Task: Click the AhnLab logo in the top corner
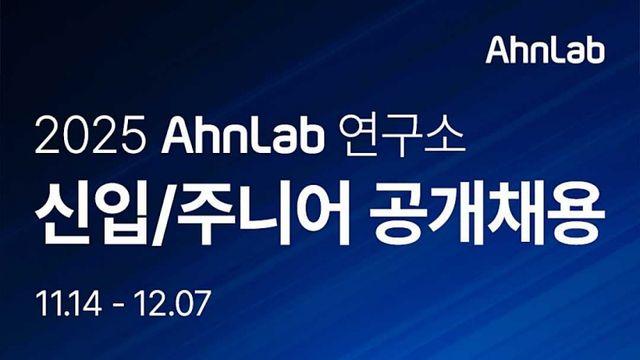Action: (x=545, y=49)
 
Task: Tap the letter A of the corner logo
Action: (x=497, y=49)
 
